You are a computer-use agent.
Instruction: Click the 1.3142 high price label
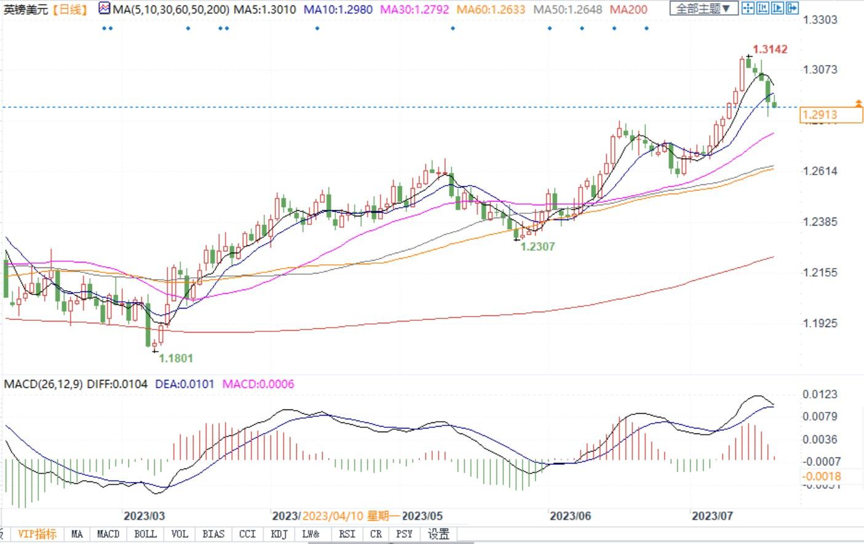[770, 49]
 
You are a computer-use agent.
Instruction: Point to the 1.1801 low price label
[176, 358]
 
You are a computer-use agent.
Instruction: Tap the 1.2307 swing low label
[537, 246]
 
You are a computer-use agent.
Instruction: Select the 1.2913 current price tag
[820, 115]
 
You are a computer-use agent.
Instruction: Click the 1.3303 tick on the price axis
[820, 20]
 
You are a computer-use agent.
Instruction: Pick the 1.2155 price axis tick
[820, 272]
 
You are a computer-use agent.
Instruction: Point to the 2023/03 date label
[144, 516]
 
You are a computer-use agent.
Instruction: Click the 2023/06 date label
[570, 516]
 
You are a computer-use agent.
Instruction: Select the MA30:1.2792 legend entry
[414, 10]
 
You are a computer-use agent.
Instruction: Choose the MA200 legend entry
[629, 10]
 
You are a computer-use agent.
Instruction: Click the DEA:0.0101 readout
[184, 384]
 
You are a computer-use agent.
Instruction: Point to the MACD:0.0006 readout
[258, 384]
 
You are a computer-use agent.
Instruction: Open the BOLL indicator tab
[145, 534]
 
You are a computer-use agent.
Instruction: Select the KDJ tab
[279, 534]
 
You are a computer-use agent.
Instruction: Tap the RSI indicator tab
[347, 534]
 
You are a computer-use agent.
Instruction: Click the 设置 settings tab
[438, 534]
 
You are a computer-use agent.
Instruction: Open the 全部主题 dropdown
[703, 9]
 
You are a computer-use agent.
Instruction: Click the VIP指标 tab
[37, 534]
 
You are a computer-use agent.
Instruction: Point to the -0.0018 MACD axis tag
[822, 476]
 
